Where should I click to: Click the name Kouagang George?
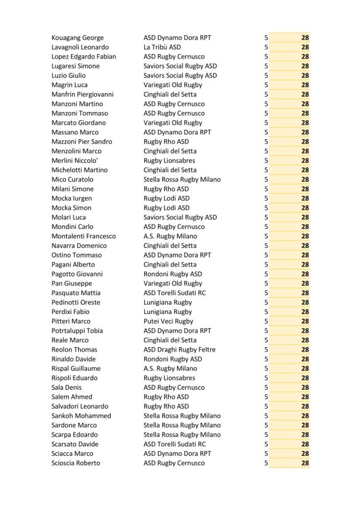pos(78,38)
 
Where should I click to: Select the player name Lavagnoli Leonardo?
pos(80,47)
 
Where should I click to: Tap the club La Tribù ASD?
pos(162,47)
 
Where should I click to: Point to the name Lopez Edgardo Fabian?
pos(84,57)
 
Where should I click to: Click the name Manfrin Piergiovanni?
pos(83,94)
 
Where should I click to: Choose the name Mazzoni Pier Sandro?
pos(82,142)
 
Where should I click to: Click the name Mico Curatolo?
pos(72,180)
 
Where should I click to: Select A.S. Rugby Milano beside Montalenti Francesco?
pos(170,236)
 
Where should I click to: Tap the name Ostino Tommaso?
pos(76,255)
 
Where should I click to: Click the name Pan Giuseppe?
pos(72,284)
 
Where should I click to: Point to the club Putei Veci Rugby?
pos(168,321)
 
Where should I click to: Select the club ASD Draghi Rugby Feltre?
pos(179,350)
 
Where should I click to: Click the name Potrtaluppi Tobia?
pos(77,331)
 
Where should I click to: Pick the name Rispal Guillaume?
pos(76,369)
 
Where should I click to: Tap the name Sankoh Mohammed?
pos(81,416)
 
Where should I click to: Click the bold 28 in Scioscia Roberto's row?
pos(305,463)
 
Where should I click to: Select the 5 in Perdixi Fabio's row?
pos(266,312)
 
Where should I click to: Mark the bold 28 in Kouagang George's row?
pos(305,38)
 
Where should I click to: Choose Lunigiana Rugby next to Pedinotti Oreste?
pos(168,302)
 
